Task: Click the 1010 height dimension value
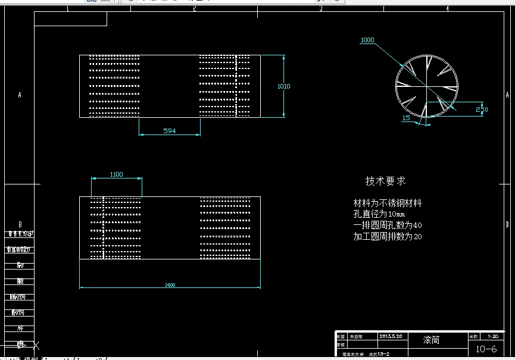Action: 284,86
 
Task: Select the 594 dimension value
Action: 170,130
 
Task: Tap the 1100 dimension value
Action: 116,174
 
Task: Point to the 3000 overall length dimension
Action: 170,285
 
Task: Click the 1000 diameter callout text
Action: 367,40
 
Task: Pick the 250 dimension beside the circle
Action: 482,109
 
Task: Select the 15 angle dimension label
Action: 406,118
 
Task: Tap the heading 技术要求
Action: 385,181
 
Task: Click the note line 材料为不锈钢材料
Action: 388,203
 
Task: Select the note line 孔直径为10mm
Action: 379,214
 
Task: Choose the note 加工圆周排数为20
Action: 388,236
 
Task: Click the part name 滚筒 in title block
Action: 432,340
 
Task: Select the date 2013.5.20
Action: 391,336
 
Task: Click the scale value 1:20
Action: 492,336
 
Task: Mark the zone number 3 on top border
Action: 321,9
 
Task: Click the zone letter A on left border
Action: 20,95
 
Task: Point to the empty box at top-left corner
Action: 70,19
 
